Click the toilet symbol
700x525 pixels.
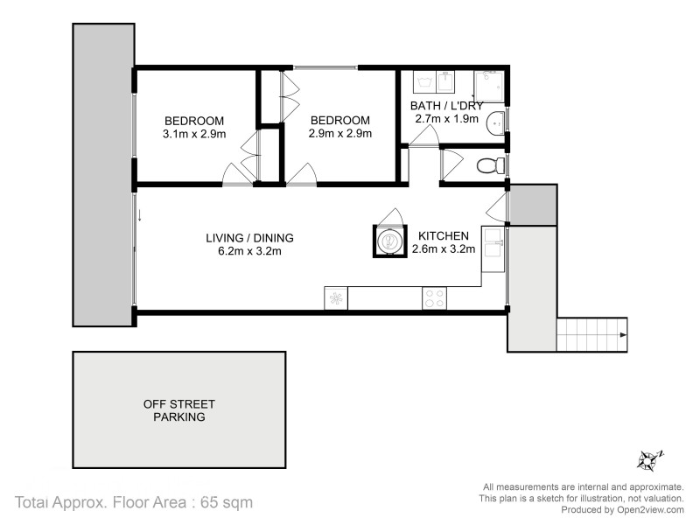pyautogui.click(x=493, y=164)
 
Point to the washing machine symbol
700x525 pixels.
pyautogui.click(x=426, y=84)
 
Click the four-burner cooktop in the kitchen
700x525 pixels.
pyautogui.click(x=433, y=297)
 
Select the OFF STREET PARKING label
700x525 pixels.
pyautogui.click(x=179, y=410)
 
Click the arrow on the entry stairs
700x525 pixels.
pyautogui.click(x=621, y=333)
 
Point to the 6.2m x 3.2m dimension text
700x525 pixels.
pyautogui.click(x=249, y=251)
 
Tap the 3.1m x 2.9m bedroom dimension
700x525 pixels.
pyautogui.click(x=194, y=134)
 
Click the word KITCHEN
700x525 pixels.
pyautogui.click(x=444, y=236)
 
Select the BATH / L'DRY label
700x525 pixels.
pyautogui.click(x=446, y=106)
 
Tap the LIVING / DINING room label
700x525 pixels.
pyautogui.click(x=249, y=237)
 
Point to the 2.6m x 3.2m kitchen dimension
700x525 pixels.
pyautogui.click(x=443, y=249)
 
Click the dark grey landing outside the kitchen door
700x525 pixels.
pyautogui.click(x=532, y=206)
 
